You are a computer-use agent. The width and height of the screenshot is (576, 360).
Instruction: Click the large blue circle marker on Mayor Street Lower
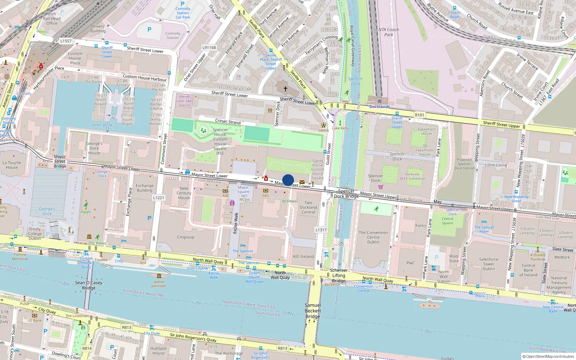pyautogui.click(x=288, y=180)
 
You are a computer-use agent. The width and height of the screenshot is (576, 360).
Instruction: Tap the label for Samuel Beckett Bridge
pyautogui.click(x=313, y=311)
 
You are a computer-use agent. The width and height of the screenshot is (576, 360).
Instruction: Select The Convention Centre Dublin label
pyautogui.click(x=373, y=237)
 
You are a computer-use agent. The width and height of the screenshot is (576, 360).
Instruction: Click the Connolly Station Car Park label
pyautogui.click(x=183, y=13)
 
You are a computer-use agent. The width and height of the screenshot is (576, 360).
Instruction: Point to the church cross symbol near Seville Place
pyautogui.click(x=285, y=88)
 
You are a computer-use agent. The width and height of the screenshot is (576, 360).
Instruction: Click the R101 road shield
pyautogui.click(x=419, y=115)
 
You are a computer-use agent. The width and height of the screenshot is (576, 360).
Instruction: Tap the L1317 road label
pyautogui.click(x=321, y=230)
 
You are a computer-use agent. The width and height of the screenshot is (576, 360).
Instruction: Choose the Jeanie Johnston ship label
pyautogui.click(x=159, y=284)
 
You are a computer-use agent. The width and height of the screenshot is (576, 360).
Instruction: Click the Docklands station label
pyautogui.click(x=379, y=107)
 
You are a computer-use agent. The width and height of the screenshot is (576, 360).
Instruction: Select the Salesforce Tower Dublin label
pyautogui.click(x=489, y=264)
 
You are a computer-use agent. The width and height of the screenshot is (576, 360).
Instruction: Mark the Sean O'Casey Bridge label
pyautogui.click(x=89, y=285)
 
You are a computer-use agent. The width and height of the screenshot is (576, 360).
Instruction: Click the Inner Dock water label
pyautogui.click(x=102, y=125)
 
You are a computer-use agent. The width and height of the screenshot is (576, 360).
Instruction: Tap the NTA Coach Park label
pyautogui.click(x=388, y=32)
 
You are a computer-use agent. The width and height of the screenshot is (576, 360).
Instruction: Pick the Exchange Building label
pyautogui.click(x=144, y=188)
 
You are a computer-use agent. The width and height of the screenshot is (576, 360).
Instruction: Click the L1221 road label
pyautogui.click(x=158, y=198)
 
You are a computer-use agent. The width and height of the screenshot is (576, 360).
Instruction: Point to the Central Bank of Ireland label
pyautogui.click(x=528, y=270)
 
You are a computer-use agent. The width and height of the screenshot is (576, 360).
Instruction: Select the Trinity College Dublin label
pyautogui.click(x=35, y=234)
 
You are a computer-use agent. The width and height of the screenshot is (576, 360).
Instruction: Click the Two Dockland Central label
pyautogui.click(x=308, y=207)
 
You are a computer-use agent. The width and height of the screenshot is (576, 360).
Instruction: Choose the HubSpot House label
pyautogui.click(x=158, y=351)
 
